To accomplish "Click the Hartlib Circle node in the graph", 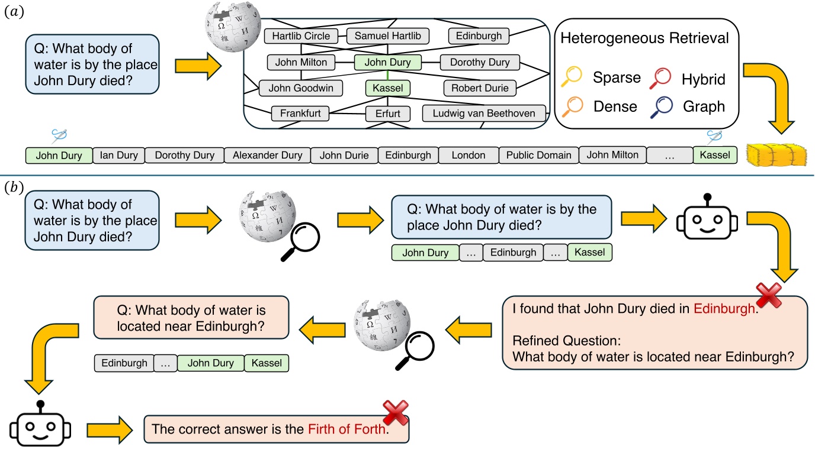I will pyautogui.click(x=301, y=36).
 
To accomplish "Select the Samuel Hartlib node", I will pyautogui.click(x=387, y=36).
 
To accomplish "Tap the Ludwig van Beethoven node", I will pyautogui.click(x=483, y=113).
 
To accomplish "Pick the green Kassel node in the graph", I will pyautogui.click(x=388, y=88).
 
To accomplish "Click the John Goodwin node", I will pyautogui.click(x=301, y=88).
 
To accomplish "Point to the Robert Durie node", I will pyautogui.click(x=479, y=88).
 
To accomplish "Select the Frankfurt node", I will pyautogui.click(x=300, y=113).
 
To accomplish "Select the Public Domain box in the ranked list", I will pyautogui.click(x=538, y=156).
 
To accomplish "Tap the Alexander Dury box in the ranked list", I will pyautogui.click(x=267, y=156).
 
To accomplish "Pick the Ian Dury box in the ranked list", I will pyautogui.click(x=118, y=156).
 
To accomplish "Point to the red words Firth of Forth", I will pyautogui.click(x=347, y=429).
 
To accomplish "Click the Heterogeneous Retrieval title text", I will pyautogui.click(x=644, y=38).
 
